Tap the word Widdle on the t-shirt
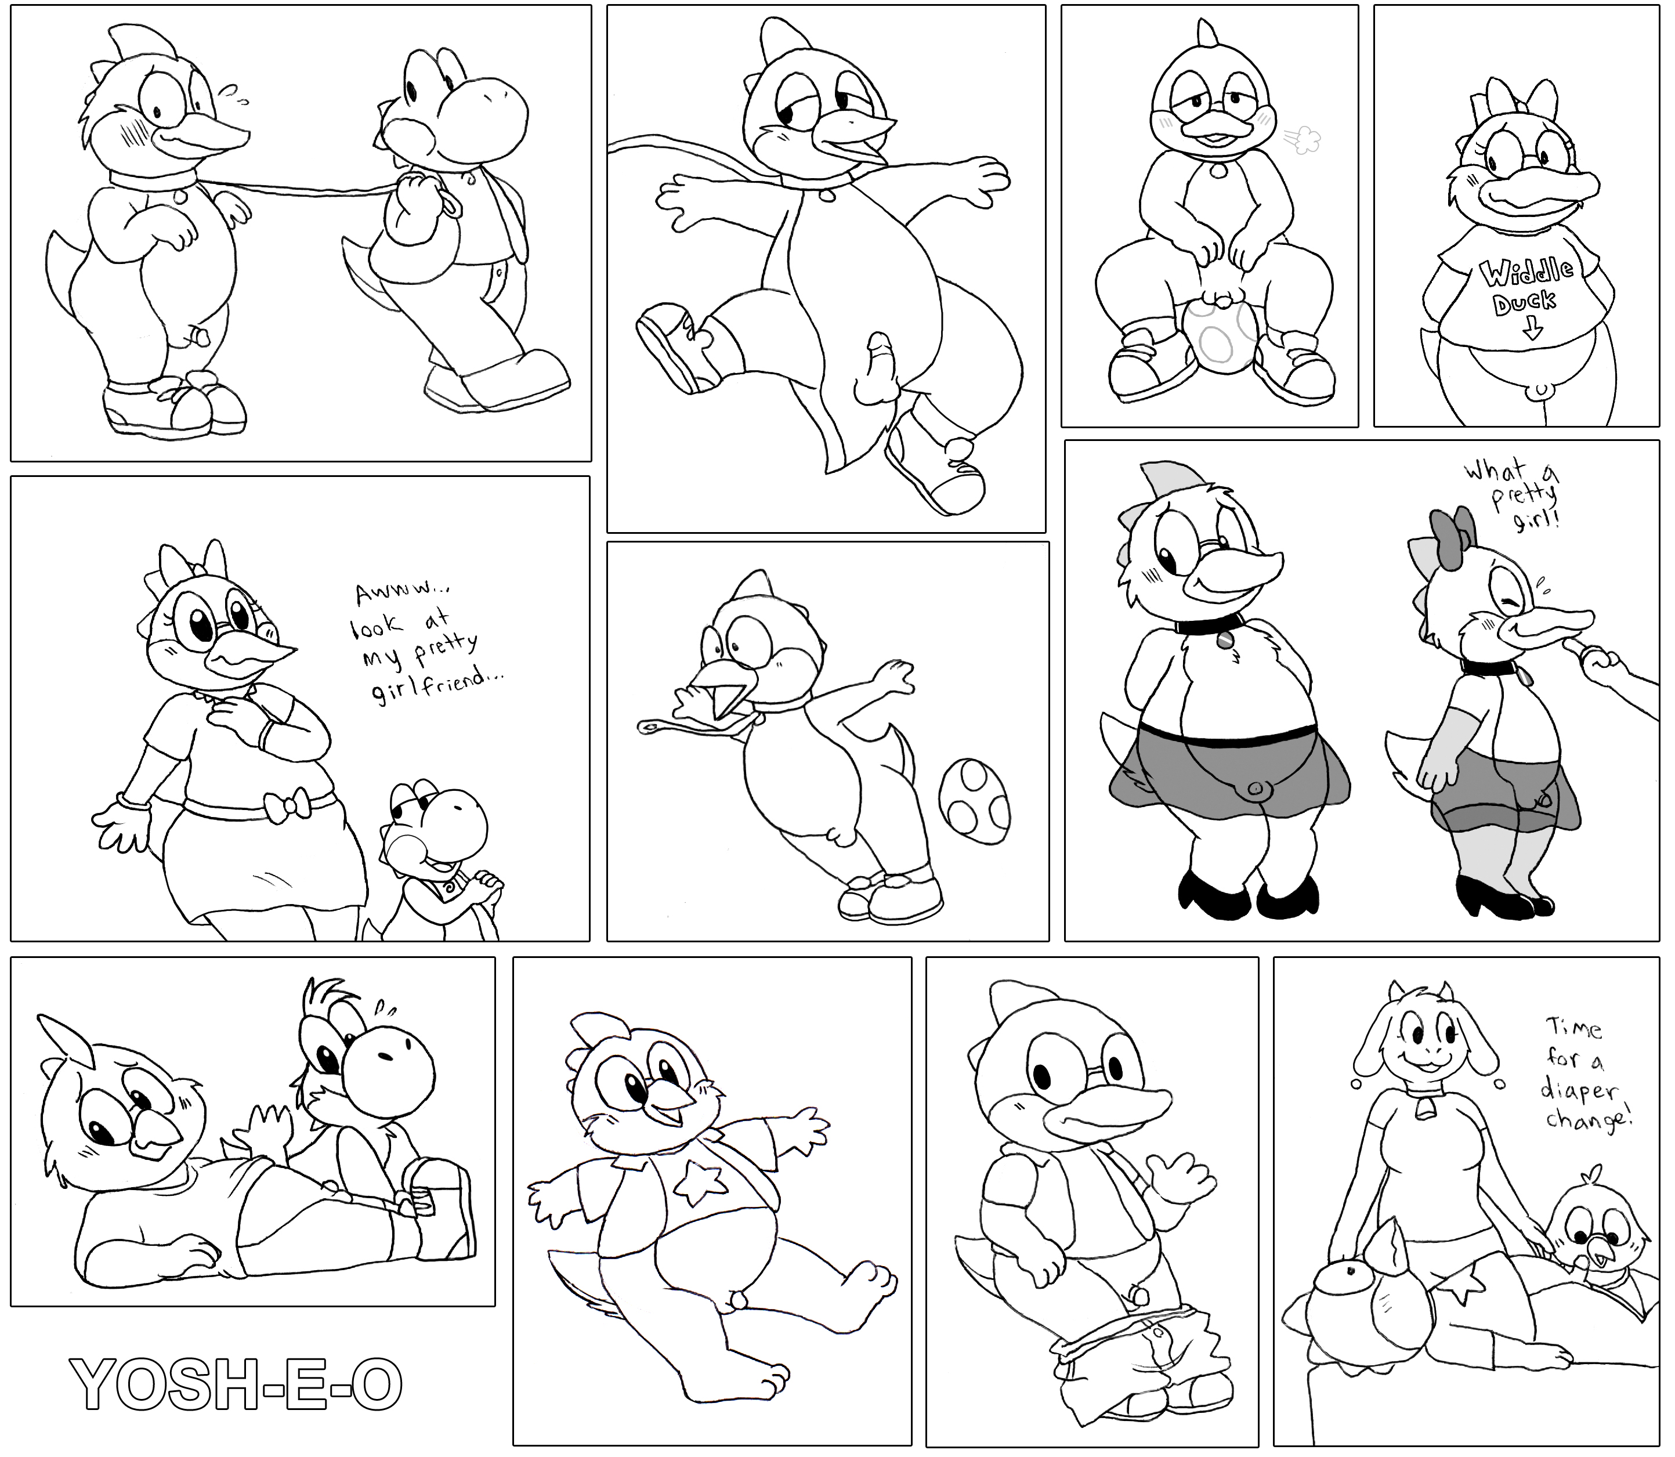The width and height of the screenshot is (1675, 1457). (x=1526, y=273)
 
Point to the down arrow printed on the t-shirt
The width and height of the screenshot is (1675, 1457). (x=1533, y=328)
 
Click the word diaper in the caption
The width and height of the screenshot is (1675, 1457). (x=1582, y=1094)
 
